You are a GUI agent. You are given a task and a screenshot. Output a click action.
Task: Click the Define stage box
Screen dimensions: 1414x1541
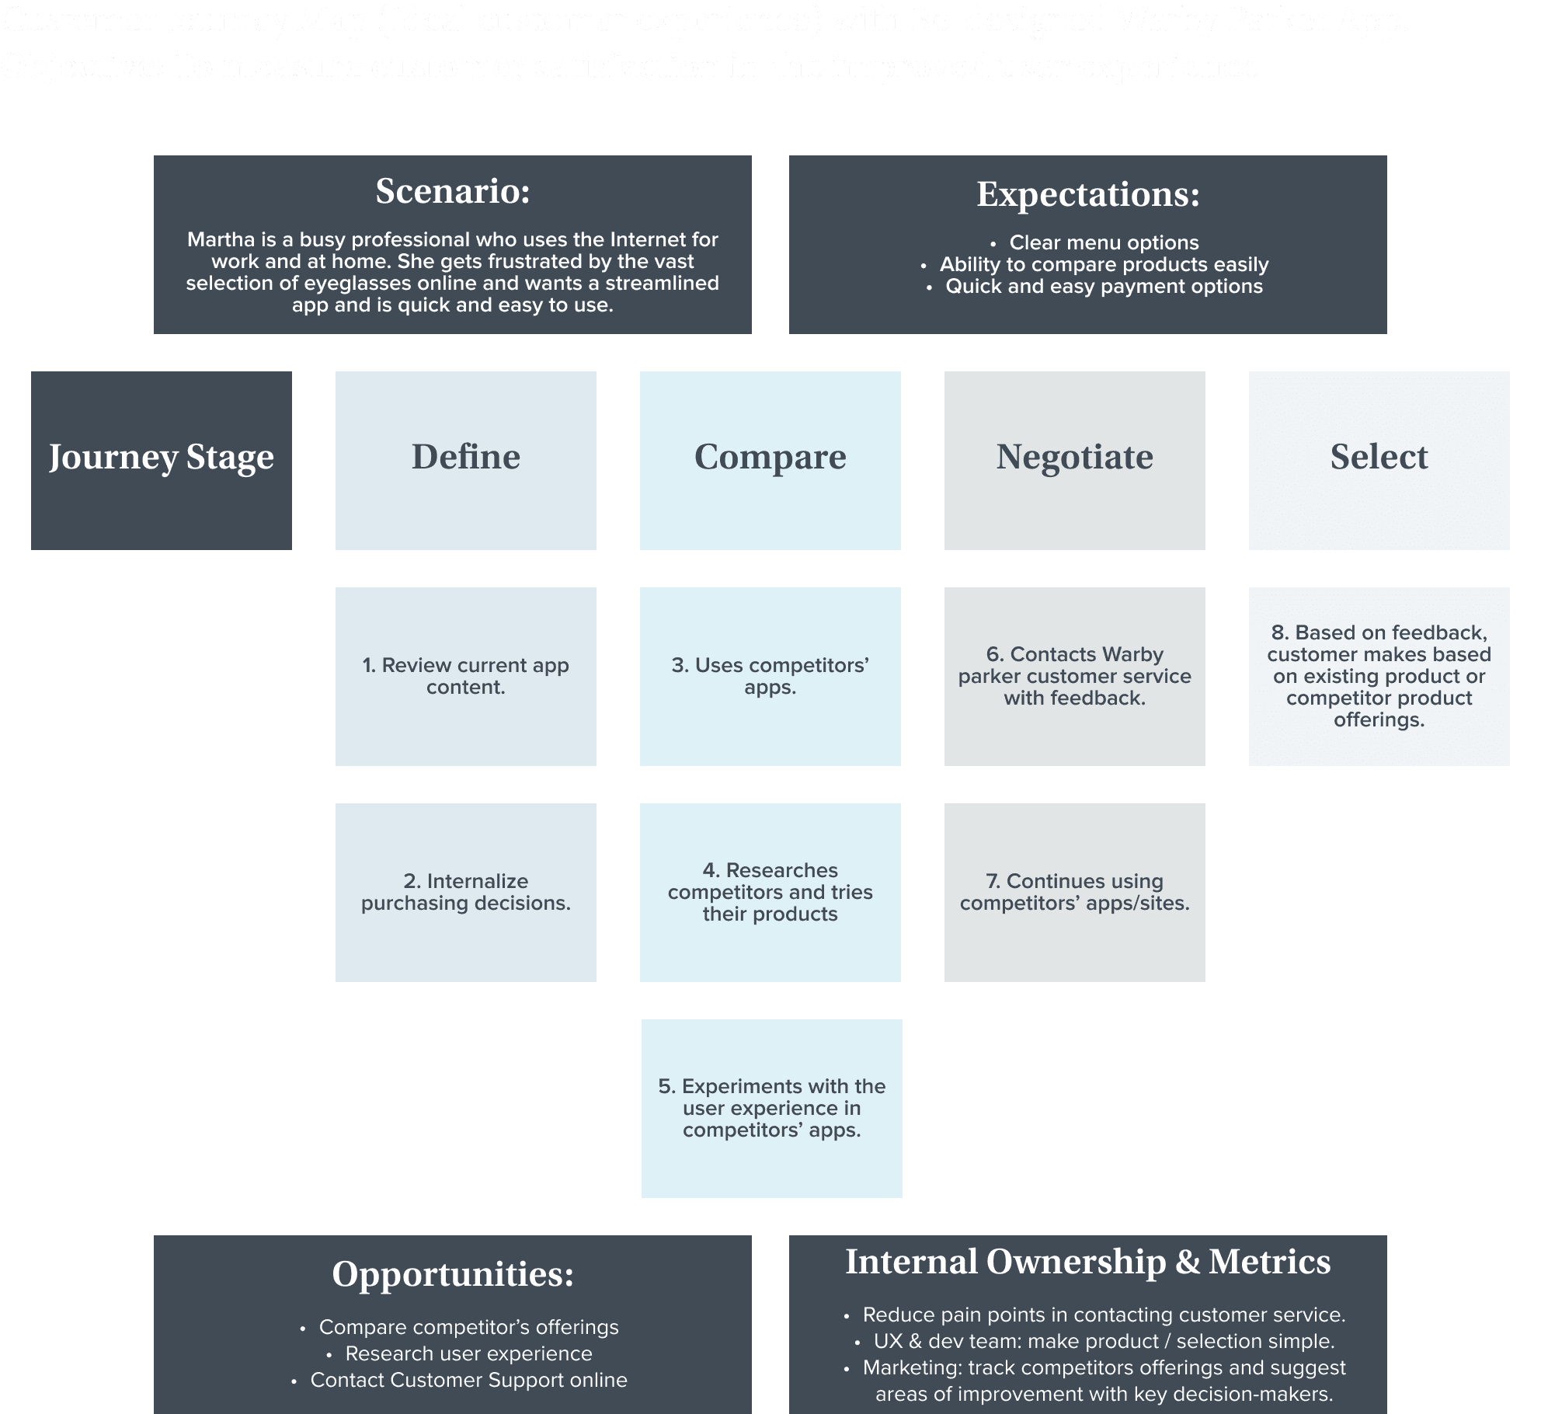pyautogui.click(x=466, y=460)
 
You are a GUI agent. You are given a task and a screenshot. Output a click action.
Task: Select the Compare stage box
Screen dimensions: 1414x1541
pyautogui.click(x=770, y=460)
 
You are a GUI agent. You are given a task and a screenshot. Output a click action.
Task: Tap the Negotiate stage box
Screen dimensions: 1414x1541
pyautogui.click(x=1074, y=460)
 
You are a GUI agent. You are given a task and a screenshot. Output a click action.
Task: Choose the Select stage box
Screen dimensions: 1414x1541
pyautogui.click(x=1379, y=460)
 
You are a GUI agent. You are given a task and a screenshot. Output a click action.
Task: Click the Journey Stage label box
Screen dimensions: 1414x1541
pyautogui.click(x=162, y=460)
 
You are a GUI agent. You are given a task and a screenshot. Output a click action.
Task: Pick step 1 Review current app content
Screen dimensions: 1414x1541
pyautogui.click(x=466, y=676)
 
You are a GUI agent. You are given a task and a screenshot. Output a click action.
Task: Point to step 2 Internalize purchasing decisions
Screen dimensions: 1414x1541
pyautogui.click(x=466, y=892)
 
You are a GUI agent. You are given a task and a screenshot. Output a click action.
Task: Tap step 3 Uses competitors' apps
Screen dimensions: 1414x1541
pyautogui.click(x=770, y=676)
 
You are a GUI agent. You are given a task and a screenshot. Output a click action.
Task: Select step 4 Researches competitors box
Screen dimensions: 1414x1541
pyautogui.click(x=770, y=892)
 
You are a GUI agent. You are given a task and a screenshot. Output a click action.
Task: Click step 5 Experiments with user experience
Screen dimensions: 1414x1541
pyautogui.click(x=771, y=1108)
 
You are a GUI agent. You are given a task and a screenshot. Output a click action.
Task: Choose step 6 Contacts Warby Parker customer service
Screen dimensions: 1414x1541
pyautogui.click(x=1074, y=676)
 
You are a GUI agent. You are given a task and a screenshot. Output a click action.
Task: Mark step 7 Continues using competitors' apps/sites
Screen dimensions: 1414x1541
pyautogui.click(x=1074, y=892)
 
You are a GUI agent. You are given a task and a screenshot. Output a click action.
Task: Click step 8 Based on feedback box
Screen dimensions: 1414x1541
pyautogui.click(x=1379, y=676)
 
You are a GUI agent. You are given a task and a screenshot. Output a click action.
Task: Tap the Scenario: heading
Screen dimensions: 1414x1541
pyautogui.click(x=453, y=192)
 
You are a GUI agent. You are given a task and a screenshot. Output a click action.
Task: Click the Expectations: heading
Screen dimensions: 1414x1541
pyautogui.click(x=1087, y=194)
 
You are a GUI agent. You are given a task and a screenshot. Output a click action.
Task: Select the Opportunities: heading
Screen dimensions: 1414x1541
pyautogui.click(x=453, y=1274)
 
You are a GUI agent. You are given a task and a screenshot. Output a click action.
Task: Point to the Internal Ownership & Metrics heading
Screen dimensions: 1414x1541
pyautogui.click(x=1087, y=1262)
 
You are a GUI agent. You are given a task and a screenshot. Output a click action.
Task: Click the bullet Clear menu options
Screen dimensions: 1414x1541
pyautogui.click(x=1104, y=242)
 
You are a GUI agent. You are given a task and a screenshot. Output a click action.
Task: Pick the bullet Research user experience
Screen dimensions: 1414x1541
pyautogui.click(x=468, y=1353)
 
